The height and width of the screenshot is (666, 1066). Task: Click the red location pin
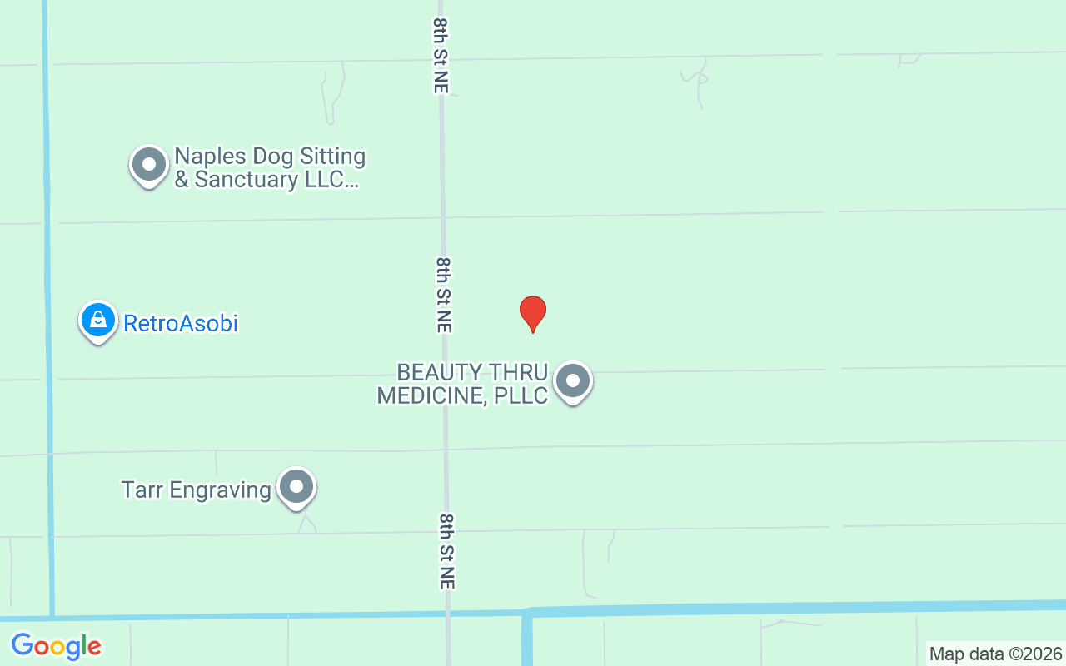(x=533, y=313)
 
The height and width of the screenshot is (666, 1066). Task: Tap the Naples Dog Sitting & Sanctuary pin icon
(x=149, y=165)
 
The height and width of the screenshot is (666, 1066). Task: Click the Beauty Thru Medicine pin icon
(x=572, y=381)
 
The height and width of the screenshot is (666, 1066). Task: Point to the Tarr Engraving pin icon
(x=296, y=487)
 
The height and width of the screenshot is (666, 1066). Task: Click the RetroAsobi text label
(x=181, y=323)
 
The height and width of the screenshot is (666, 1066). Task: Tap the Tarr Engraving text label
(x=197, y=490)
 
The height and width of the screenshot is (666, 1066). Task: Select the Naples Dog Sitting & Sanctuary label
(x=270, y=168)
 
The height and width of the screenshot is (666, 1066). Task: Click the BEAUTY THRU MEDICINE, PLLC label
(x=463, y=384)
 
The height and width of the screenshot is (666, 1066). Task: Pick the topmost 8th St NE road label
(x=441, y=55)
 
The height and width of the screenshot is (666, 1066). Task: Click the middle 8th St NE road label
(x=444, y=295)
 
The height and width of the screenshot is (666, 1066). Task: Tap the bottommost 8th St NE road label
(x=447, y=551)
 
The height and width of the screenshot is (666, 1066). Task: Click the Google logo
(x=57, y=645)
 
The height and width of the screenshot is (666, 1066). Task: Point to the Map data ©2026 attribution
(x=996, y=654)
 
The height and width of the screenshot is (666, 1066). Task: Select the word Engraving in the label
(x=221, y=490)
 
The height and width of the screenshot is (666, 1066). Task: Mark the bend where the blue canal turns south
(x=526, y=614)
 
